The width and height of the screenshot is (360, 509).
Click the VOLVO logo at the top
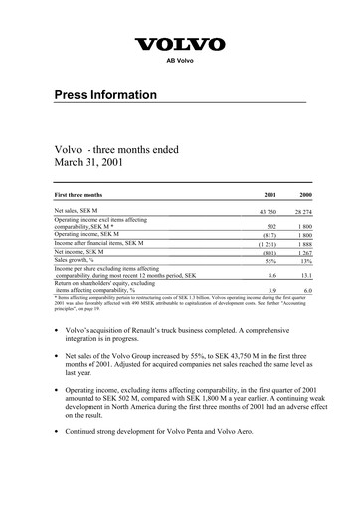coord(180,44)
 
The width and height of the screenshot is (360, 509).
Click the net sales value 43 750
coord(266,212)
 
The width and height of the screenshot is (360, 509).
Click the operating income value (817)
coord(268,236)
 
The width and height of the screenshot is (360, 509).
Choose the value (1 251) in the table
coord(266,245)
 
